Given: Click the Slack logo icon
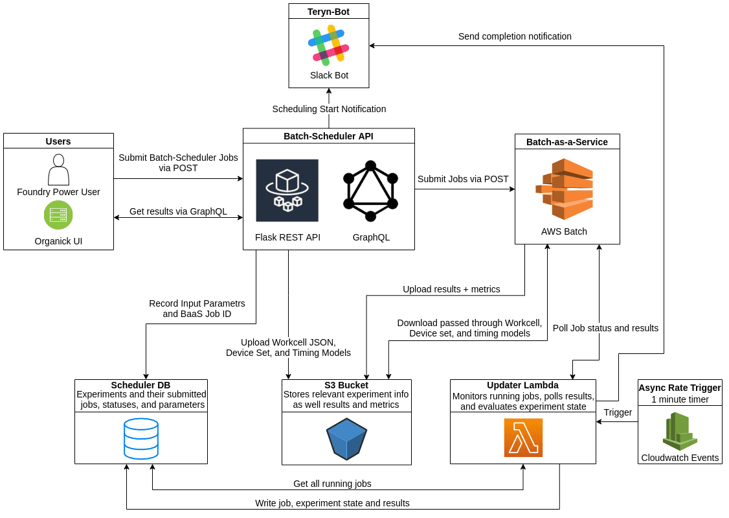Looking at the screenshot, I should click(329, 44).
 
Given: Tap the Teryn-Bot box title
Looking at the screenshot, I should click(329, 11).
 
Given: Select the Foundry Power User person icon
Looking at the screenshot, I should click(58, 169).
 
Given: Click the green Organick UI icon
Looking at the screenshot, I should click(58, 215).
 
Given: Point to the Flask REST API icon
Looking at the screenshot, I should click(287, 191).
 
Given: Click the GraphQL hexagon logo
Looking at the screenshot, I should click(370, 191).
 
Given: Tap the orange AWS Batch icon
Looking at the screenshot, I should click(565, 189).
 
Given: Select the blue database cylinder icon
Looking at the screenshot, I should click(141, 438).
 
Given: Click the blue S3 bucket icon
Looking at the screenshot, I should click(346, 439).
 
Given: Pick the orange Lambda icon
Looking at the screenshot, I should click(523, 438).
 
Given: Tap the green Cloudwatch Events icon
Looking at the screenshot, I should click(680, 431).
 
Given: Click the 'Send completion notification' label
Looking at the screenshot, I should click(515, 36).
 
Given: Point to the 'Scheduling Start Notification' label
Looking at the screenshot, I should click(329, 109).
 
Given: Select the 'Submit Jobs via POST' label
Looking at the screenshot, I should click(463, 179).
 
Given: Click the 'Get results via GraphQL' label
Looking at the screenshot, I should click(178, 211).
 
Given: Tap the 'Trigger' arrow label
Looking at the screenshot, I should click(618, 412).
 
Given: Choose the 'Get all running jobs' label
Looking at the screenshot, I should click(332, 484).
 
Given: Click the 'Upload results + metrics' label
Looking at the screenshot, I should click(451, 289).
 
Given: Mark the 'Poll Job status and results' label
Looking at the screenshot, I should click(605, 328).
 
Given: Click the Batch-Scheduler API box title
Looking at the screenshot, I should click(328, 136).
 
